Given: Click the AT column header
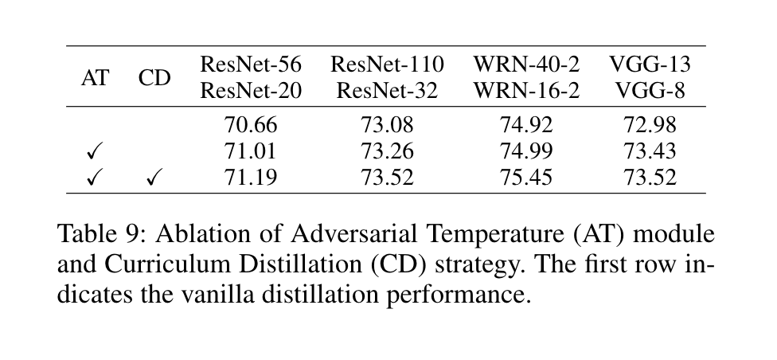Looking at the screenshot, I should [96, 78].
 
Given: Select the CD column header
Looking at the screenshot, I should [154, 78].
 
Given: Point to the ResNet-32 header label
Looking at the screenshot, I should [387, 91].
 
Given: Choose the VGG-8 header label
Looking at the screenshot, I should [650, 91].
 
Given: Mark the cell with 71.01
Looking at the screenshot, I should [252, 151].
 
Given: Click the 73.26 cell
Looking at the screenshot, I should [387, 151].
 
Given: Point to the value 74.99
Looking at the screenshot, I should [526, 151].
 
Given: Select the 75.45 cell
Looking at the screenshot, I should [526, 178].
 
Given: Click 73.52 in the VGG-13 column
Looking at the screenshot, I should [650, 178].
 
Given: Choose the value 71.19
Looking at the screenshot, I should [252, 178].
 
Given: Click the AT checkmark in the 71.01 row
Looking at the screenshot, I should [96, 151].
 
